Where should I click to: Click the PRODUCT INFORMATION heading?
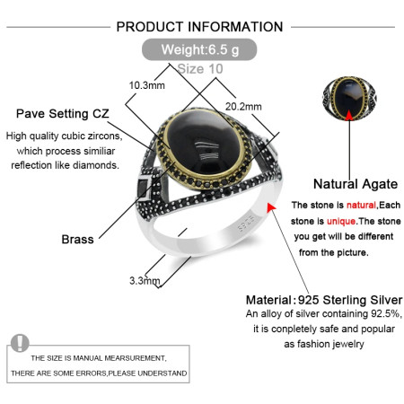point(199,27)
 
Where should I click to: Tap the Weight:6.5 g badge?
point(199,49)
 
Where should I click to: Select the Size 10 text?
point(200,69)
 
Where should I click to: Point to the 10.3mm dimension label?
point(147,85)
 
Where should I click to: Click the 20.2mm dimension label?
point(243,107)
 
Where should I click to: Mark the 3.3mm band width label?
point(145,281)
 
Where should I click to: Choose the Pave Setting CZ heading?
point(63,114)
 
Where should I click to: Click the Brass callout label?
point(77,240)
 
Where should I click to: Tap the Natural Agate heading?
point(356,184)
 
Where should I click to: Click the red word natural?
point(361,205)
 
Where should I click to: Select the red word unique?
point(341,221)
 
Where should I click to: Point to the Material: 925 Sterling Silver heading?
point(324,300)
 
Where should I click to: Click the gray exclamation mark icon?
point(20,343)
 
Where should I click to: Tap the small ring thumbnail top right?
point(349,99)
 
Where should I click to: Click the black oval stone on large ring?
point(203,146)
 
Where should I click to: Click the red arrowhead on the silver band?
point(271,207)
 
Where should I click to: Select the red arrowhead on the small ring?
point(349,116)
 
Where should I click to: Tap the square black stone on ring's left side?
point(143,188)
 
